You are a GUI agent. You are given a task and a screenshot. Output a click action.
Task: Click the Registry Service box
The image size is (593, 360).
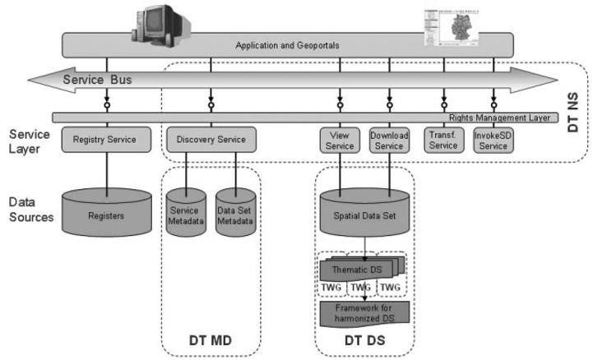104,140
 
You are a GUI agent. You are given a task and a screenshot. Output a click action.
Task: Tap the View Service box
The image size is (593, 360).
340,140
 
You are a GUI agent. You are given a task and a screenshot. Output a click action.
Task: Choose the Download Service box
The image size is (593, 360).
389,140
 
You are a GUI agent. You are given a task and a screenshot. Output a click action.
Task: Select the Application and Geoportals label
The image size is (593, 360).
287,45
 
